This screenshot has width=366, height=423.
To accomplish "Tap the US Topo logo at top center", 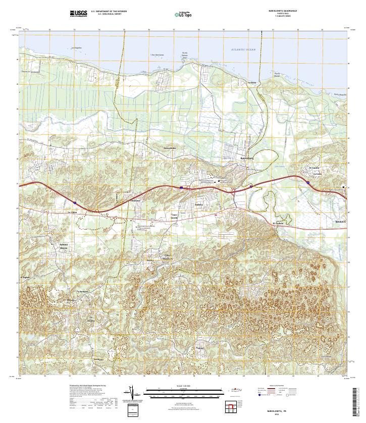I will tap(183, 14).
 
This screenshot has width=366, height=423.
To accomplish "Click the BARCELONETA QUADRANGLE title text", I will tap(283, 10).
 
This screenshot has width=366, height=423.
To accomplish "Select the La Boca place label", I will tap(252, 82).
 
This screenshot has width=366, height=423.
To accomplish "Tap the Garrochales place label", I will tap(170, 148).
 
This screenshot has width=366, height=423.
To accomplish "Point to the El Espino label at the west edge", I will tap(25, 277).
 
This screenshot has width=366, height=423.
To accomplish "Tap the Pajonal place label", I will tap(200, 348).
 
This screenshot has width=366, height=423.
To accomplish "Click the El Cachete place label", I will tap(278, 223).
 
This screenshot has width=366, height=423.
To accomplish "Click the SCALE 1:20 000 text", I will tap(182, 386).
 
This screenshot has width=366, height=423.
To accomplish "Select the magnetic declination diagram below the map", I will tap(133, 392).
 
